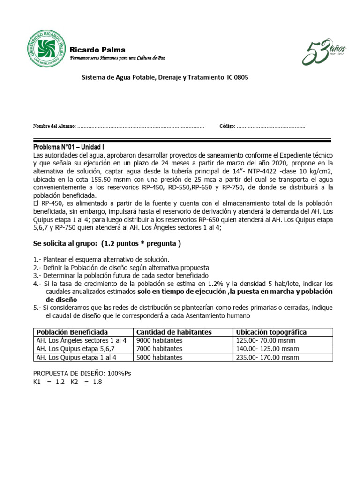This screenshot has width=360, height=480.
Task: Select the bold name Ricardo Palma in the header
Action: pos(97,50)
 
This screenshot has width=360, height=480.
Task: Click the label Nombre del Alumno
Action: pos(53,126)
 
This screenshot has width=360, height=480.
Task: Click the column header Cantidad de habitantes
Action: pos(173,332)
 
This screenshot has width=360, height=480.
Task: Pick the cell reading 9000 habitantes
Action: pos(159,340)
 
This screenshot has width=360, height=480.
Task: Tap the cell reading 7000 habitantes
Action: pos(159,349)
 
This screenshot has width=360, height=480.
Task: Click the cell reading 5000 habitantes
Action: pos(159,357)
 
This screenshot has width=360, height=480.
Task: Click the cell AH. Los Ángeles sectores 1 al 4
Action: pos(81,340)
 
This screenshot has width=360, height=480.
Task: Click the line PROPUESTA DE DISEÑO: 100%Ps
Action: pos(78,374)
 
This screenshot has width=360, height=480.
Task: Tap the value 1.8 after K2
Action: pos(97,382)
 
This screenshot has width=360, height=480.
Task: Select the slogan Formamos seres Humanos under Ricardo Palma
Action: pos(117,58)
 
